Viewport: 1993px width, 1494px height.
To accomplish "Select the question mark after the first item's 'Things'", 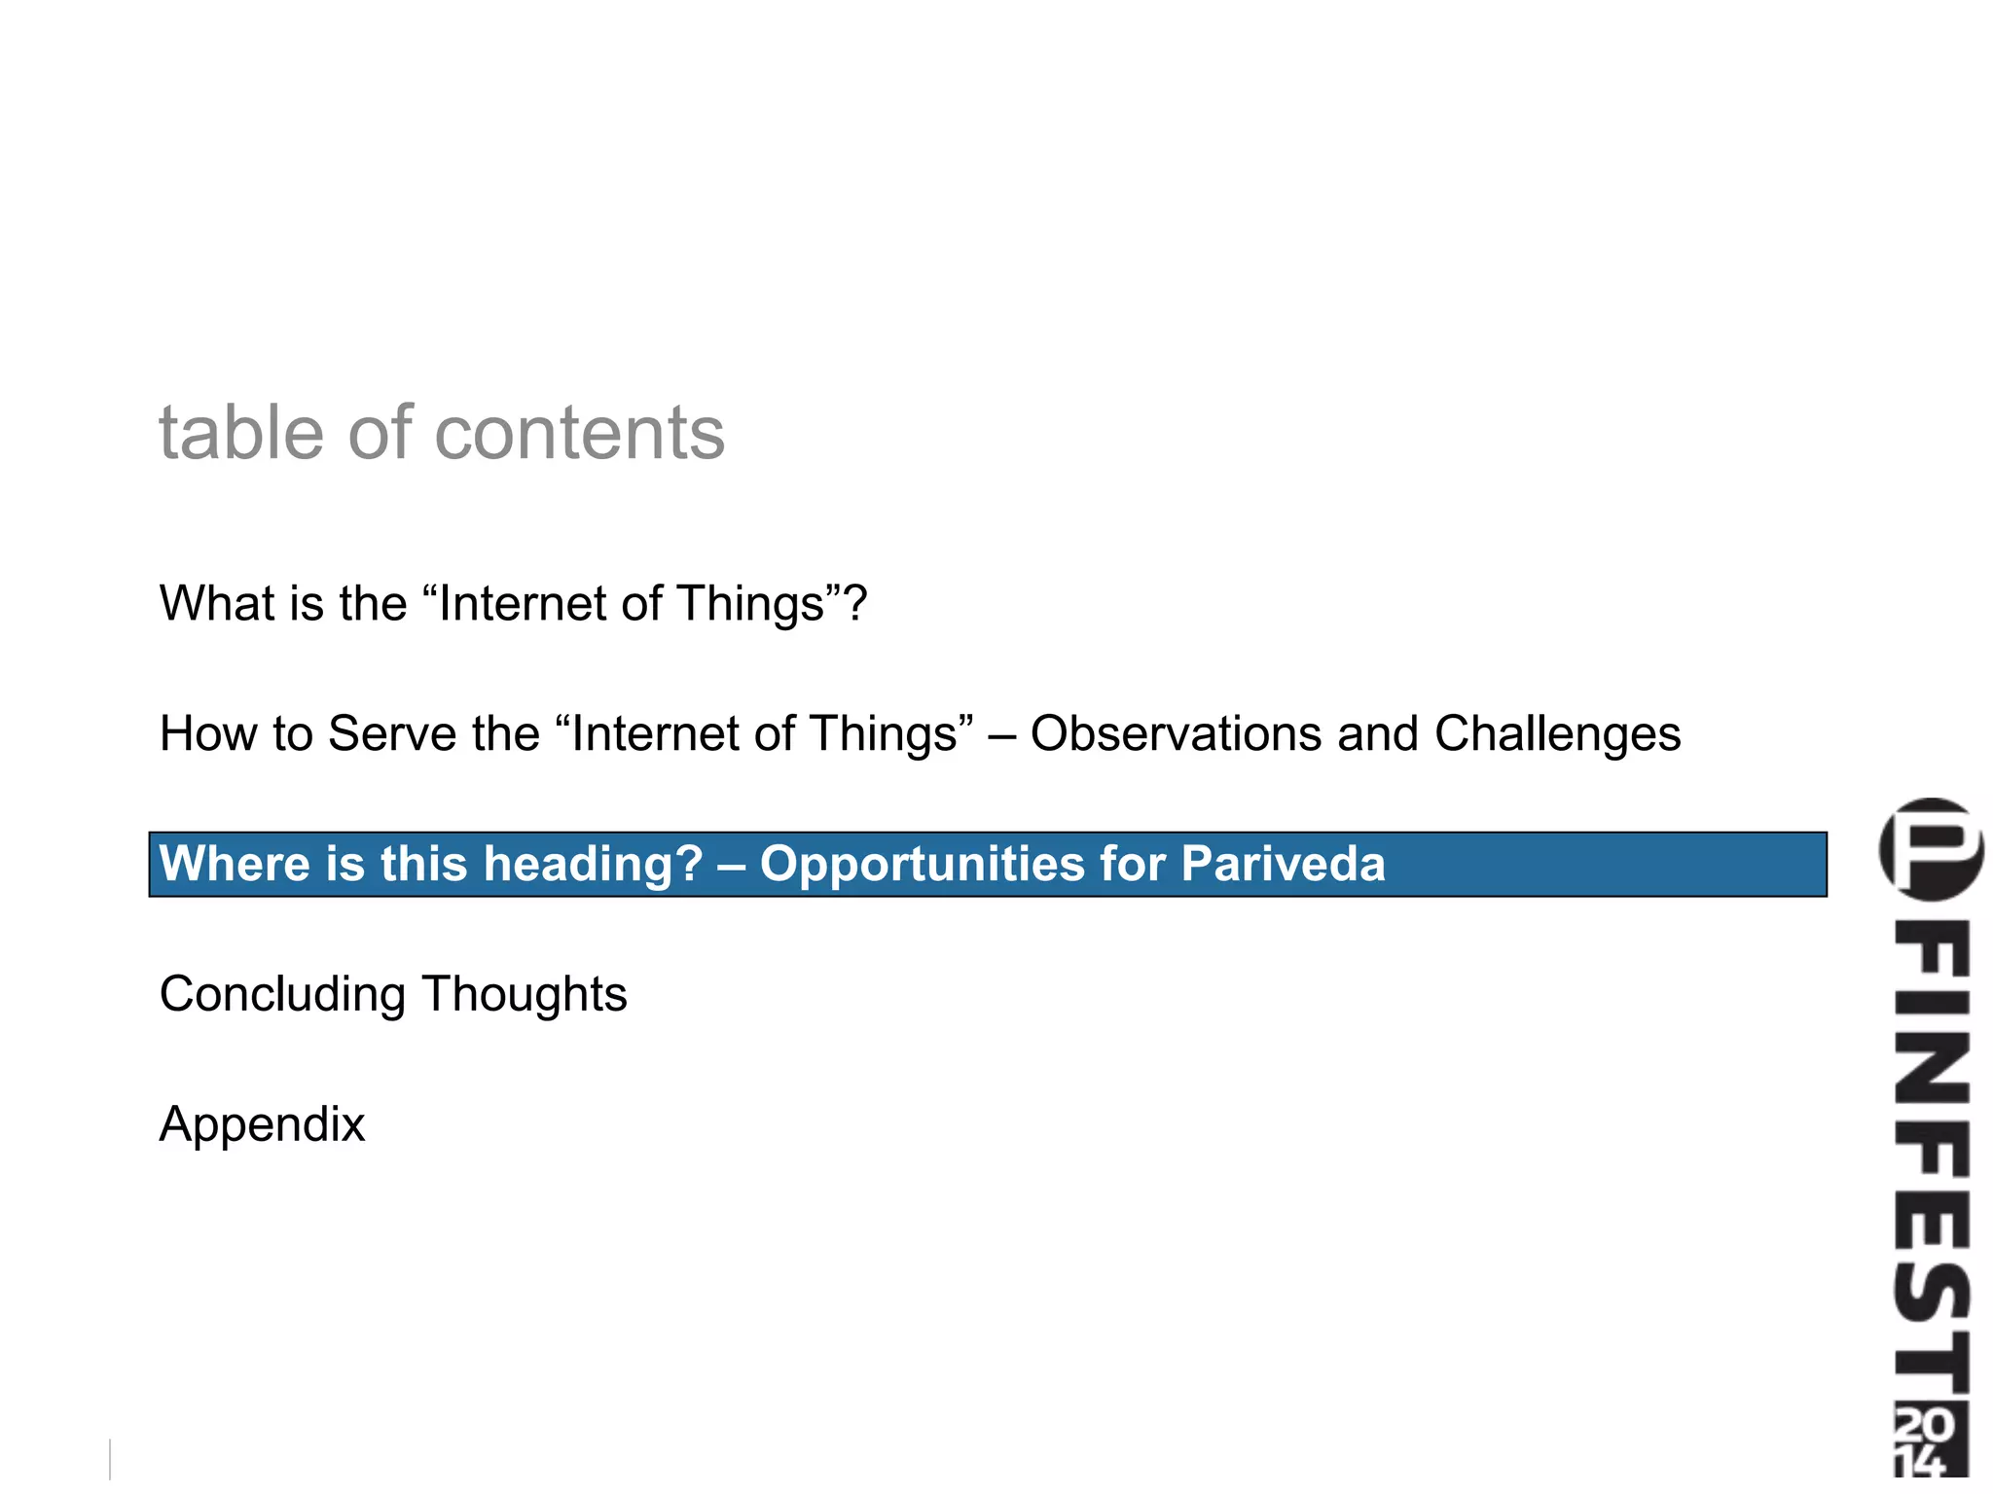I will (854, 603).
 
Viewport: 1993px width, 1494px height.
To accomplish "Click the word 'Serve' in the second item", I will (392, 733).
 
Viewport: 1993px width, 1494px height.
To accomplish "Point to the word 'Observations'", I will (1175, 733).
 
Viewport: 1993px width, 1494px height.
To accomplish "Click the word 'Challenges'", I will (1557, 733).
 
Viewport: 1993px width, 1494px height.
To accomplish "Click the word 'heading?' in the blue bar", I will (593, 864).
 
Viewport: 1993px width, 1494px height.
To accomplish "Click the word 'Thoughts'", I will (525, 994).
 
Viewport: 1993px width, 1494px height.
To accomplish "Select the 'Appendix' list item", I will (262, 1124).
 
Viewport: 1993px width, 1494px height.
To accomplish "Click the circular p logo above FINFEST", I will (1931, 848).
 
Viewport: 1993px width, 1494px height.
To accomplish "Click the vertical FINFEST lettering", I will (1931, 1157).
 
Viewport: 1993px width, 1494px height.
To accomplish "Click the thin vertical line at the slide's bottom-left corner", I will (110, 1459).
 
